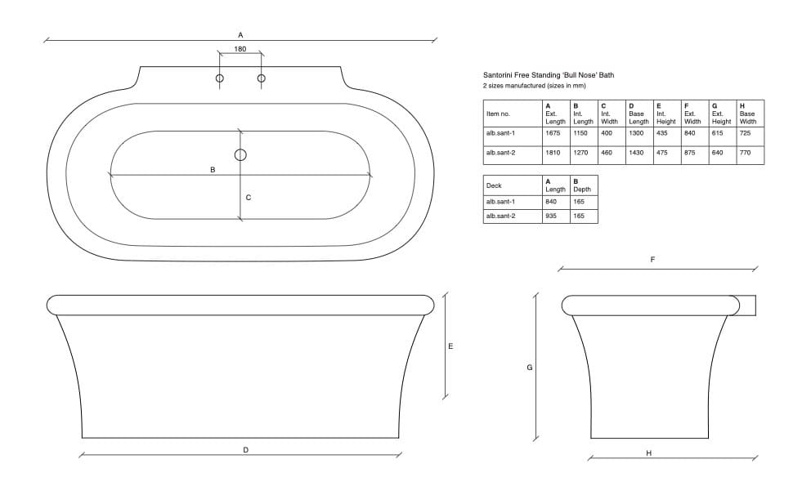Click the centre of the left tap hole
tap(219, 78)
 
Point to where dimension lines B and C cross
tap(240, 176)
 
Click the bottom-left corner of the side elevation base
tap(83, 438)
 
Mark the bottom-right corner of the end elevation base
tap(708, 439)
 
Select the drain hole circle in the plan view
tap(240, 154)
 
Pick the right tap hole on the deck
tap(261, 78)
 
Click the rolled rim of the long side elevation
tap(240, 305)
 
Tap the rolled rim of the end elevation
tap(651, 305)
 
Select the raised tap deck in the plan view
tap(240, 78)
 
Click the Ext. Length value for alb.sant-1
tap(553, 133)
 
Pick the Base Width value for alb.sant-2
tap(745, 153)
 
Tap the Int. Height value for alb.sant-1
tap(661, 133)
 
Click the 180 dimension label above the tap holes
tap(240, 49)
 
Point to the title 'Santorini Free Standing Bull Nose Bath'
tap(549, 75)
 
